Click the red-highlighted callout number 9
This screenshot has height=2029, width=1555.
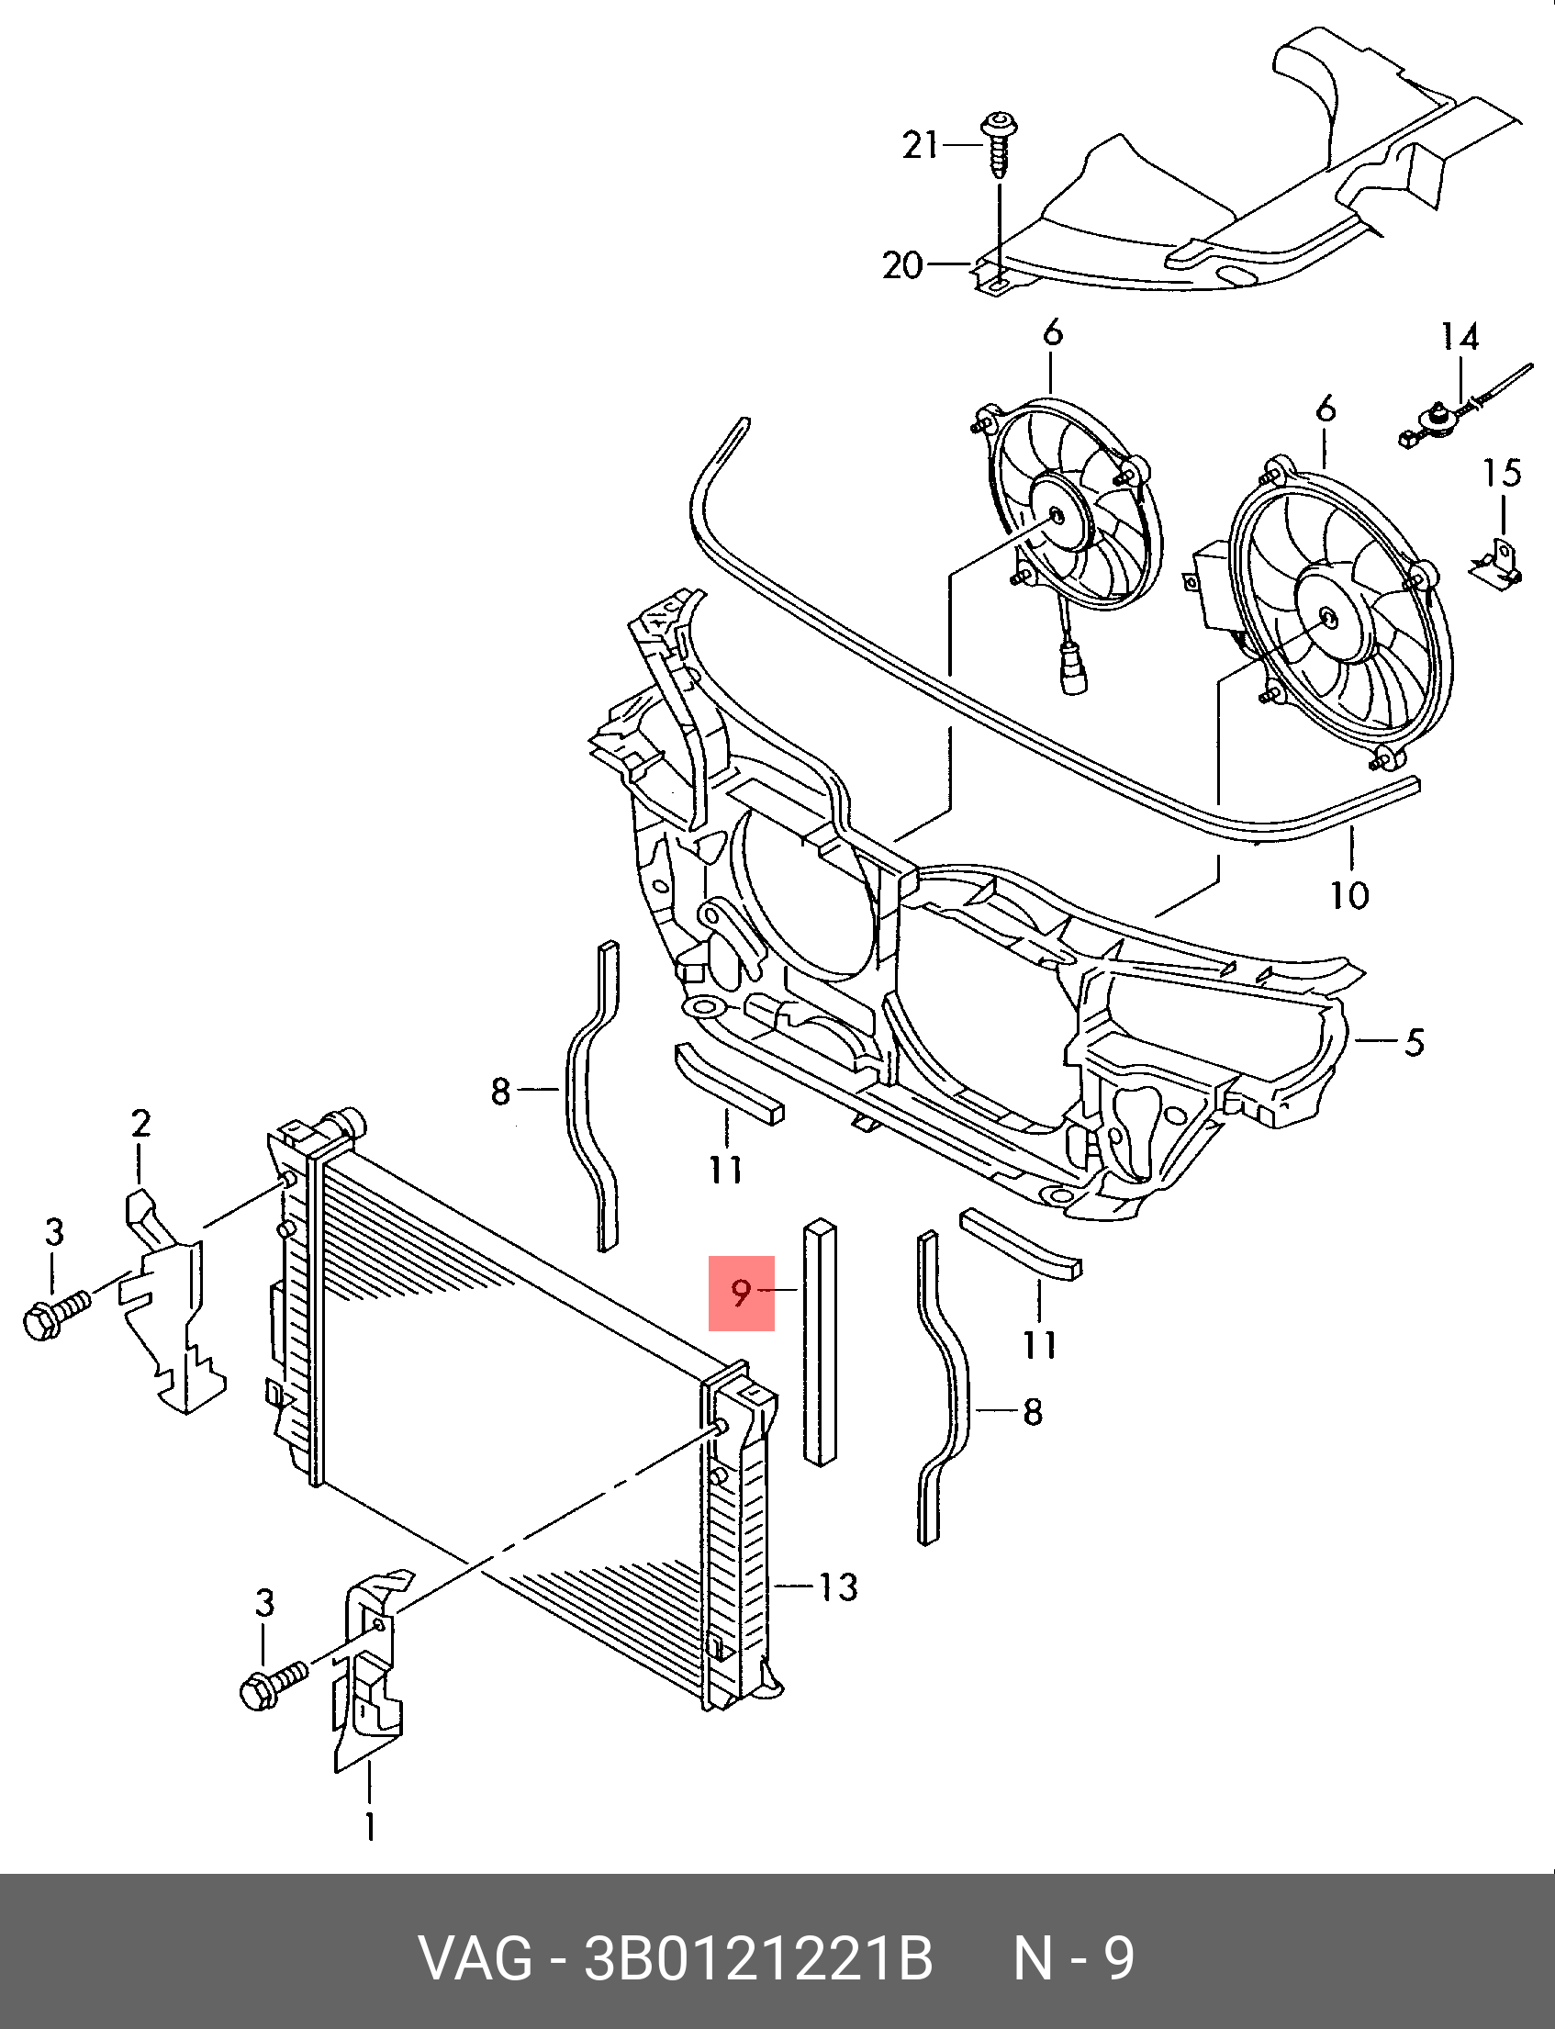pyautogui.click(x=741, y=1292)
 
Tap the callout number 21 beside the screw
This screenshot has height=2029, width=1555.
pyautogui.click(x=920, y=145)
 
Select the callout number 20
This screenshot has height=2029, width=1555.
pyautogui.click(x=903, y=265)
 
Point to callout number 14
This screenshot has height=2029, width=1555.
pyautogui.click(x=1460, y=337)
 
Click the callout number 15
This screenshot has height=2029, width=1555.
pyautogui.click(x=1503, y=473)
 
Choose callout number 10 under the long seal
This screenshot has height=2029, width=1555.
pyautogui.click(x=1349, y=894)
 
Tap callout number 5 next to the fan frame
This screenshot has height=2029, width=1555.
pyautogui.click(x=1414, y=1042)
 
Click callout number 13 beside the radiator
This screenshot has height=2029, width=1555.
pyautogui.click(x=838, y=1586)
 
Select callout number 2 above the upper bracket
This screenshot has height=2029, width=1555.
pyautogui.click(x=140, y=1124)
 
